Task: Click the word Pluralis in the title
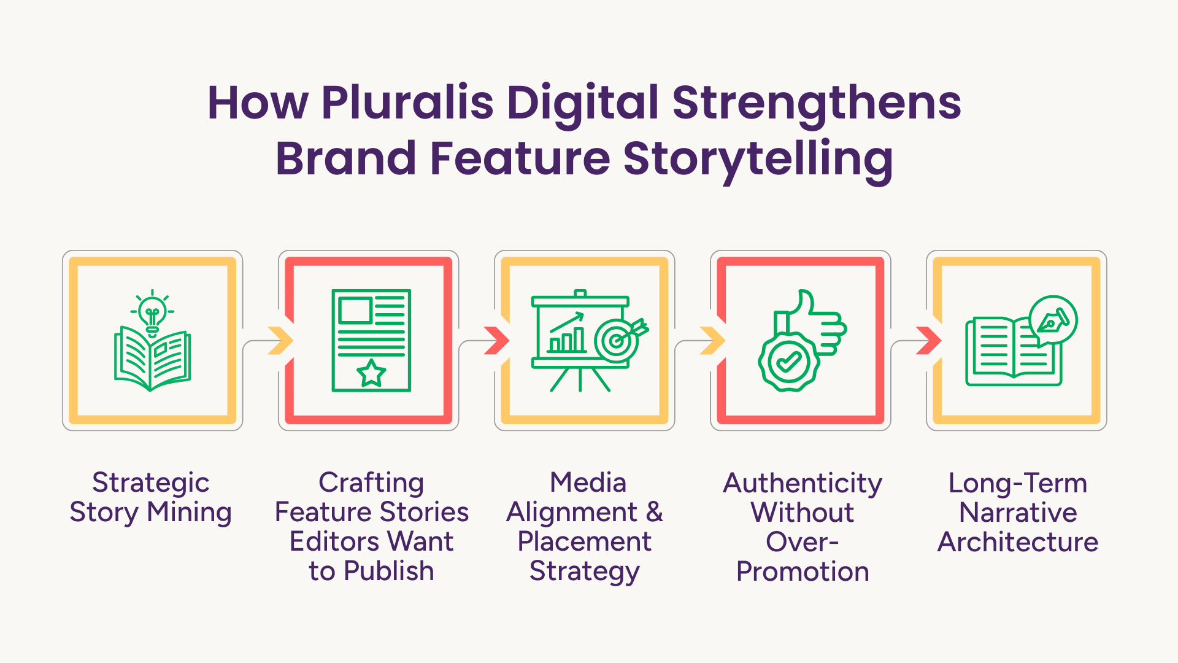(x=407, y=103)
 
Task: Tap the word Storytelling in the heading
(x=758, y=160)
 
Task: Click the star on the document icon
(x=371, y=373)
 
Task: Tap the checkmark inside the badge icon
(x=789, y=362)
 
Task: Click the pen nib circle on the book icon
(x=1053, y=320)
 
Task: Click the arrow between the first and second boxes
(x=281, y=341)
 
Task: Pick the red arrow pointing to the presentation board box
(x=497, y=341)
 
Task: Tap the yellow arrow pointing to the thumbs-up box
(x=713, y=341)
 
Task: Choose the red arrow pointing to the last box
(x=929, y=341)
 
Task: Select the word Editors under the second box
(x=333, y=541)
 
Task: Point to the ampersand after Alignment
(x=655, y=512)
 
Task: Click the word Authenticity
(x=803, y=484)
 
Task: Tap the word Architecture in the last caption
(x=1018, y=542)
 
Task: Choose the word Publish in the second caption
(x=389, y=571)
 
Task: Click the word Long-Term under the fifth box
(x=1018, y=483)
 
